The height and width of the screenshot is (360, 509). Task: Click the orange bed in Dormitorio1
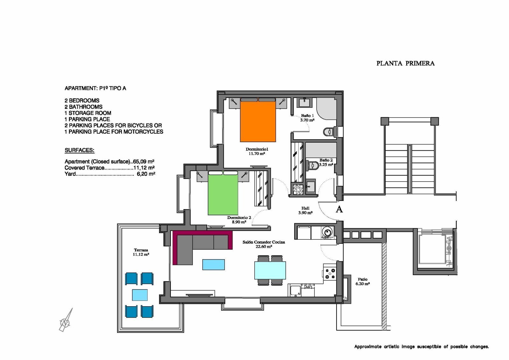(258, 121)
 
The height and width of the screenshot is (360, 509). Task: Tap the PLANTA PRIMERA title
(405, 63)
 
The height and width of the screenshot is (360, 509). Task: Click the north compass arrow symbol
(66, 320)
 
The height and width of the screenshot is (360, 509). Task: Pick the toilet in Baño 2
(313, 165)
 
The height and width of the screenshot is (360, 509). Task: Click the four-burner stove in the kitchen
(330, 273)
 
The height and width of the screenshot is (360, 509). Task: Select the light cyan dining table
(270, 270)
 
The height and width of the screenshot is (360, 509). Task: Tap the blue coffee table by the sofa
(213, 265)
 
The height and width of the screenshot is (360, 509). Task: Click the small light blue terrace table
(140, 295)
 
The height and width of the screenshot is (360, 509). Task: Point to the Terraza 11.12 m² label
(141, 252)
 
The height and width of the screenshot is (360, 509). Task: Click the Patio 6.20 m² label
(363, 281)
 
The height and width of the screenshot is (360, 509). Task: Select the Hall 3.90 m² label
(305, 210)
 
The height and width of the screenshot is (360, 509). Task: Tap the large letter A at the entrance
(339, 209)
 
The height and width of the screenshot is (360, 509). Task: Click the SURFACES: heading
(80, 150)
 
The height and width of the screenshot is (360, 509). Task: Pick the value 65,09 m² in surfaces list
(143, 162)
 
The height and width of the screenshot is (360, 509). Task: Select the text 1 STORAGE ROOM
(88, 113)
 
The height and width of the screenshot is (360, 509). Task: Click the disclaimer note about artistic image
(422, 347)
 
